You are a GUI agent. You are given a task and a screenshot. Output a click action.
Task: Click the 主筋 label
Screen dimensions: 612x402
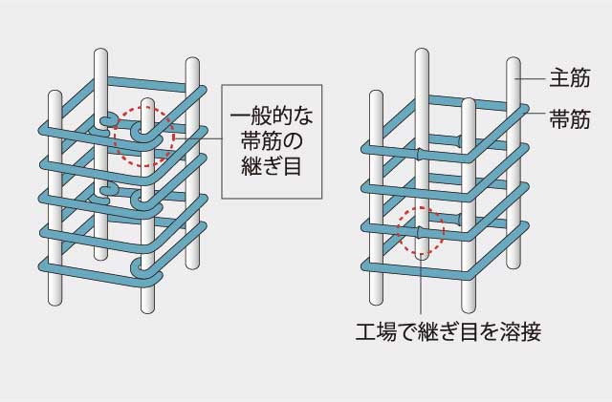point(570,78)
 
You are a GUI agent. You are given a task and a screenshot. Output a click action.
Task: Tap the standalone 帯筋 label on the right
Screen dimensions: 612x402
point(570,119)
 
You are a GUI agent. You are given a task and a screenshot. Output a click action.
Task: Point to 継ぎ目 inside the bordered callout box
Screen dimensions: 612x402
point(272,165)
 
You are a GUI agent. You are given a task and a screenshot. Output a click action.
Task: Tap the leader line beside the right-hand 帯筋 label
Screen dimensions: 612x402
point(535,113)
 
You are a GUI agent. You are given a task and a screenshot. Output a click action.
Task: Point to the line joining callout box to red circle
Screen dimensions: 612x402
point(198,138)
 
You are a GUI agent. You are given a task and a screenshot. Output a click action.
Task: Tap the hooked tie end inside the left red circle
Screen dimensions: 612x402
point(138,132)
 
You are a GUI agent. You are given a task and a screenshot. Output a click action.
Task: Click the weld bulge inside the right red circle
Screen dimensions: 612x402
point(420,232)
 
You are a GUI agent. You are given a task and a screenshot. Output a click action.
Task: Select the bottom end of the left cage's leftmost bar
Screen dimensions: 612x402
point(55,301)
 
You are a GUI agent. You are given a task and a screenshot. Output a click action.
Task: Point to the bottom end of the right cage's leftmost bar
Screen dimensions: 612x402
point(376,301)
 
